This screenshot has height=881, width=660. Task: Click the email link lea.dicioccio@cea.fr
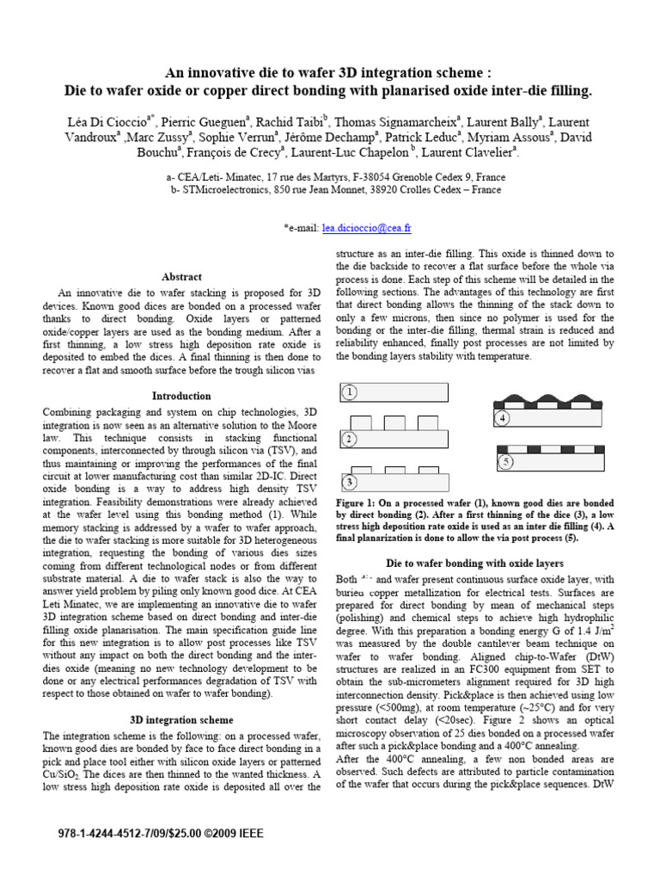[x=366, y=229]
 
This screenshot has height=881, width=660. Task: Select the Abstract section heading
[x=181, y=277]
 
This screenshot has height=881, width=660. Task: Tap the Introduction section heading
[x=181, y=396]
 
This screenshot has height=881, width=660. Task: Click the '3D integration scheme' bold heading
[x=181, y=719]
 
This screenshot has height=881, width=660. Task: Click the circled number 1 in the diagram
[x=350, y=393]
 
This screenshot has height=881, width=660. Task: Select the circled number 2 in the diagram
[x=350, y=439]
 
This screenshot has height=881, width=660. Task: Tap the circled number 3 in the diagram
[x=350, y=482]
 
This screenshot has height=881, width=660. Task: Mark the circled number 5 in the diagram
[x=506, y=463]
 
